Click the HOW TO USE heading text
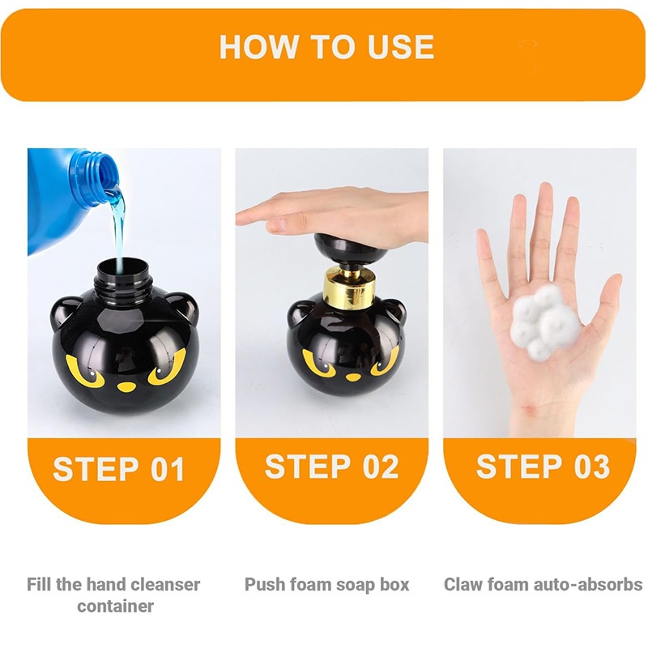(x=326, y=47)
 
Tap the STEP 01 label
(x=119, y=470)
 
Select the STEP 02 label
(x=331, y=467)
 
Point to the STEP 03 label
(x=543, y=467)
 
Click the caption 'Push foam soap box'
(x=327, y=584)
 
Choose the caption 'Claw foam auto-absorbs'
(x=543, y=584)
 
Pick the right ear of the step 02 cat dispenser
(x=393, y=310)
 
